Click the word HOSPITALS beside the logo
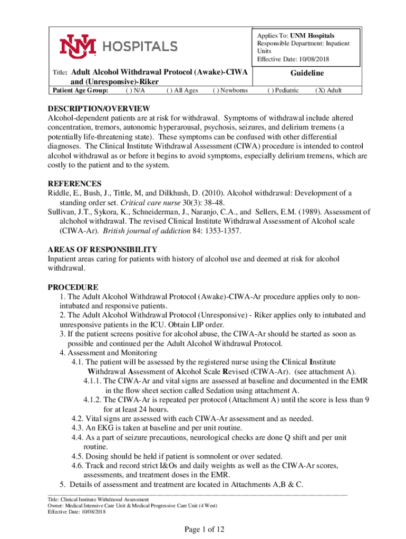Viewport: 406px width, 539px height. [x=139, y=46]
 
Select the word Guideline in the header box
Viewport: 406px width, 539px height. [x=307, y=73]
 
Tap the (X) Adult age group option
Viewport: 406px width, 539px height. [x=328, y=91]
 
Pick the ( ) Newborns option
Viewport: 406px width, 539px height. [x=230, y=91]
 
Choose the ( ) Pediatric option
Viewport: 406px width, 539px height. [x=283, y=91]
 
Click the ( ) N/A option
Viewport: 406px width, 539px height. [x=136, y=91]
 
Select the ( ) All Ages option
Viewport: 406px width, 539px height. [x=182, y=91]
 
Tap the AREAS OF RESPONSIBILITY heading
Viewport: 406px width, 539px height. [x=102, y=249]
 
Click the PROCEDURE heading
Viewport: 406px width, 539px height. [x=73, y=287]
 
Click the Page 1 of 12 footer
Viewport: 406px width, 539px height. [x=203, y=529]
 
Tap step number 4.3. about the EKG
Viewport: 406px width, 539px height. [x=78, y=428]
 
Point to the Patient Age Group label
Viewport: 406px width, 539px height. [x=78, y=91]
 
